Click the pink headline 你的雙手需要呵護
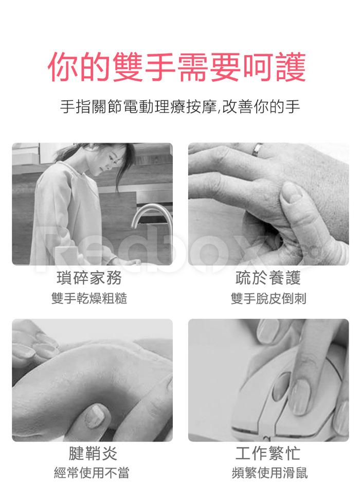(x=177, y=67)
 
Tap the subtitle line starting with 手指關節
(x=180, y=107)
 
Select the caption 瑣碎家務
(x=89, y=278)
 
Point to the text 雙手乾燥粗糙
(x=89, y=298)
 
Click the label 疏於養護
(x=268, y=278)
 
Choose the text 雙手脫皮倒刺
(x=268, y=298)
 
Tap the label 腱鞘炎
(x=93, y=453)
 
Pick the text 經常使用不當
(x=92, y=473)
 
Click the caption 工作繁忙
(x=268, y=453)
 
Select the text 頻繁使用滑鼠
(x=269, y=473)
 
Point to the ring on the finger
(x=257, y=149)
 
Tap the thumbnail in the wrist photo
(x=96, y=416)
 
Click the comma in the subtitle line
(x=219, y=111)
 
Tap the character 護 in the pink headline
(x=291, y=67)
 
